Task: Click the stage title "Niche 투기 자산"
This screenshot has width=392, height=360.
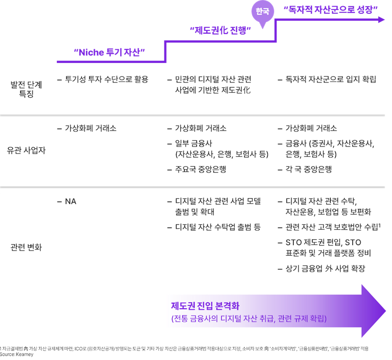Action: (x=109, y=53)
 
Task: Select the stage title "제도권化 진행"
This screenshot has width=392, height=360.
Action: (x=220, y=31)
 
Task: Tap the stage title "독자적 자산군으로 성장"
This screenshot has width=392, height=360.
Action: (x=330, y=9)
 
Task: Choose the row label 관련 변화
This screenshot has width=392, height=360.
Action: (x=27, y=247)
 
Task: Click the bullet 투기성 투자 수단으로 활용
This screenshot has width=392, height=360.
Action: (x=106, y=79)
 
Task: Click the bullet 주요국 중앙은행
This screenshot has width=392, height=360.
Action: (x=201, y=169)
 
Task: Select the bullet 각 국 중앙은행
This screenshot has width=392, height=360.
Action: (x=308, y=169)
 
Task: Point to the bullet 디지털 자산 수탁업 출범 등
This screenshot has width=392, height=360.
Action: (x=218, y=227)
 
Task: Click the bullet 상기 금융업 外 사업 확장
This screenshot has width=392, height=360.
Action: (x=325, y=269)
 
